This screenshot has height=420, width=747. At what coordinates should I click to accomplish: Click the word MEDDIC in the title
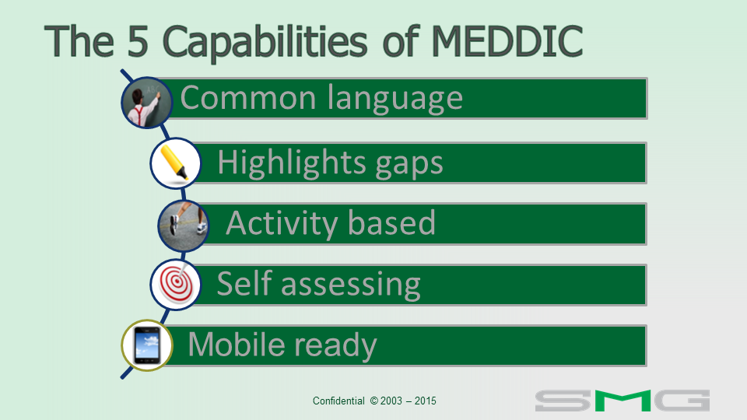pos(507,41)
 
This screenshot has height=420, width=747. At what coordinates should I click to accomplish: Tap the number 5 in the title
pos(139,41)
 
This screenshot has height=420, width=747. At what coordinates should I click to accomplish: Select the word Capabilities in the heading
pos(265,43)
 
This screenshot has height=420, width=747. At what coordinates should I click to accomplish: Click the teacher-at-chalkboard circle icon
pos(147,103)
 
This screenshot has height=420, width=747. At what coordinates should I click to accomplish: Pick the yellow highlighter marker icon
pos(175,163)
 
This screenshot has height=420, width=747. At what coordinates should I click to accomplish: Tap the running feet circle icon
pos(184,226)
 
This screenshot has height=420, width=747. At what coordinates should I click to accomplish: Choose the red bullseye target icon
pos(175,285)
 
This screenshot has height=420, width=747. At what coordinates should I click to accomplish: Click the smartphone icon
pos(147,345)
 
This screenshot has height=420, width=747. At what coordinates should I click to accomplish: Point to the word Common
pos(248,98)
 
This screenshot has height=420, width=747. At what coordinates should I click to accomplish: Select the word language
pos(395,101)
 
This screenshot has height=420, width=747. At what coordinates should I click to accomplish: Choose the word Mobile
pos(237,344)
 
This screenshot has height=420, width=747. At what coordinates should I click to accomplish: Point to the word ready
pos(336,347)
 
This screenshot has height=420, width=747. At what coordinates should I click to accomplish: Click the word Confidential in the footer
pos(338,401)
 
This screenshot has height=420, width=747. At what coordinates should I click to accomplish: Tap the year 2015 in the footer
pos(426,401)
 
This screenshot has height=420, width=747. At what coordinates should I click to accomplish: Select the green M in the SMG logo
pos(622,401)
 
